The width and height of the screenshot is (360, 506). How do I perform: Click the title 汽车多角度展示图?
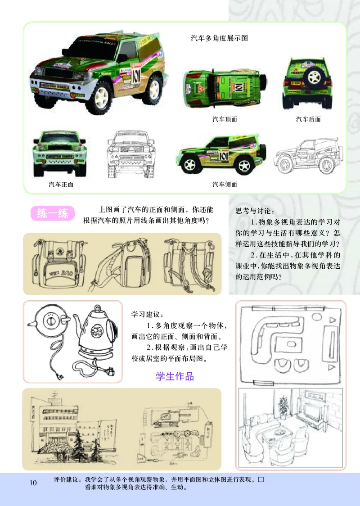[219, 38]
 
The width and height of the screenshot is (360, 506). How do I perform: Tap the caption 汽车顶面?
[225, 119]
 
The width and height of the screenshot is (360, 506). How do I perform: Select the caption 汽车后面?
[308, 119]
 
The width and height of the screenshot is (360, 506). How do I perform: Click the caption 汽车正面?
[61, 185]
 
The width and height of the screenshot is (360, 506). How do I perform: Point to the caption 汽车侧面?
[225, 185]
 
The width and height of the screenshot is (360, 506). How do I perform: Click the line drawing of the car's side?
[304, 158]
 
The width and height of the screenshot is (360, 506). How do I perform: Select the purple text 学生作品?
[175, 376]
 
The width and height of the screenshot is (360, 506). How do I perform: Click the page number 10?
[33, 483]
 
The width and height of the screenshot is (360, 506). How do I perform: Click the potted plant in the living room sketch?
[283, 407]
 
